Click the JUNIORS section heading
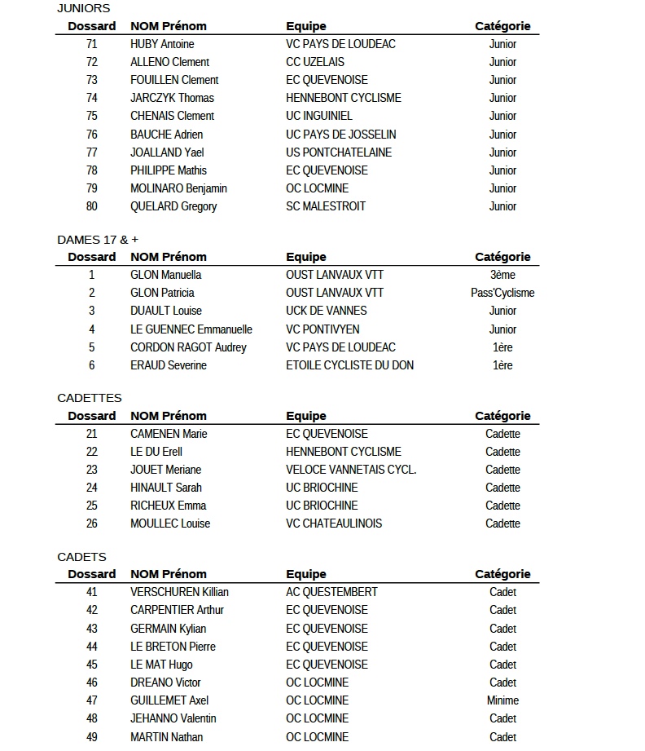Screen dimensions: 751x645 coord(83,8)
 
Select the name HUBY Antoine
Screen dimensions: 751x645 coord(162,44)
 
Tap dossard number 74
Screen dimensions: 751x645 coord(91,98)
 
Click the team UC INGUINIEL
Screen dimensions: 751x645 coord(319,116)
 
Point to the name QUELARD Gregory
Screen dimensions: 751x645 coord(173,206)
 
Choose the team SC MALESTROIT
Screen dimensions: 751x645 coord(326,206)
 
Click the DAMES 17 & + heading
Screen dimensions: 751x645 coord(97,239)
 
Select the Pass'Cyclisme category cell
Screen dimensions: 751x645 coord(502,293)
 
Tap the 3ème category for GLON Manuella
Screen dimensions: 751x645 coord(502,275)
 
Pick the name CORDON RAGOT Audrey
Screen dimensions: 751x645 coord(188,347)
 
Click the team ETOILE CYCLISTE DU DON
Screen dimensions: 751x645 coord(349,365)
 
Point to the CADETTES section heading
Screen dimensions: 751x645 coord(90,398)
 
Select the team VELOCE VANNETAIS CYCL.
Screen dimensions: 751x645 coord(351,470)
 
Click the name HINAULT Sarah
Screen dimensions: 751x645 coord(166,488)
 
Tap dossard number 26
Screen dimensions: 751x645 coord(91,523)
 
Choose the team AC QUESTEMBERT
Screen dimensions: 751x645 coord(331,592)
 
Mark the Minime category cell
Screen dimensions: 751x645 coord(502,700)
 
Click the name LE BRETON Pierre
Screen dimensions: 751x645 coord(173,647)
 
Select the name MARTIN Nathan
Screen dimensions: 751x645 coord(167,737)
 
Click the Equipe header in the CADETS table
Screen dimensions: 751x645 coord(306,574)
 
